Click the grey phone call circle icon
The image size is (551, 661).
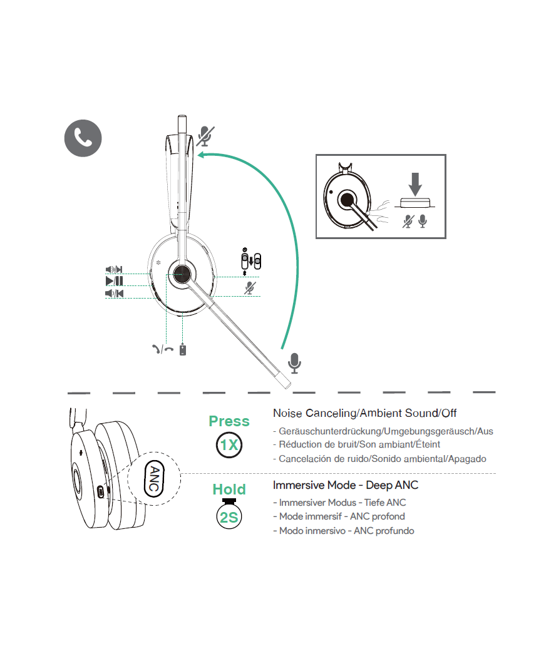click(x=83, y=138)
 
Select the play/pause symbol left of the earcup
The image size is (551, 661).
click(x=114, y=281)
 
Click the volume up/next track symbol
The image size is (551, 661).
click(x=114, y=270)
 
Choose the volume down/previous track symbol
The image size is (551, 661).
click(x=114, y=293)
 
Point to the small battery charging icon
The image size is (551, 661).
click(x=182, y=350)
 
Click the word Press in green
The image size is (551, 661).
click(x=229, y=421)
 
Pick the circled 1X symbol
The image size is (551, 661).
click(x=229, y=445)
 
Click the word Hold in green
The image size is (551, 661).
click(x=229, y=489)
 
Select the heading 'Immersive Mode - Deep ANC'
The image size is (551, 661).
click(x=346, y=485)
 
